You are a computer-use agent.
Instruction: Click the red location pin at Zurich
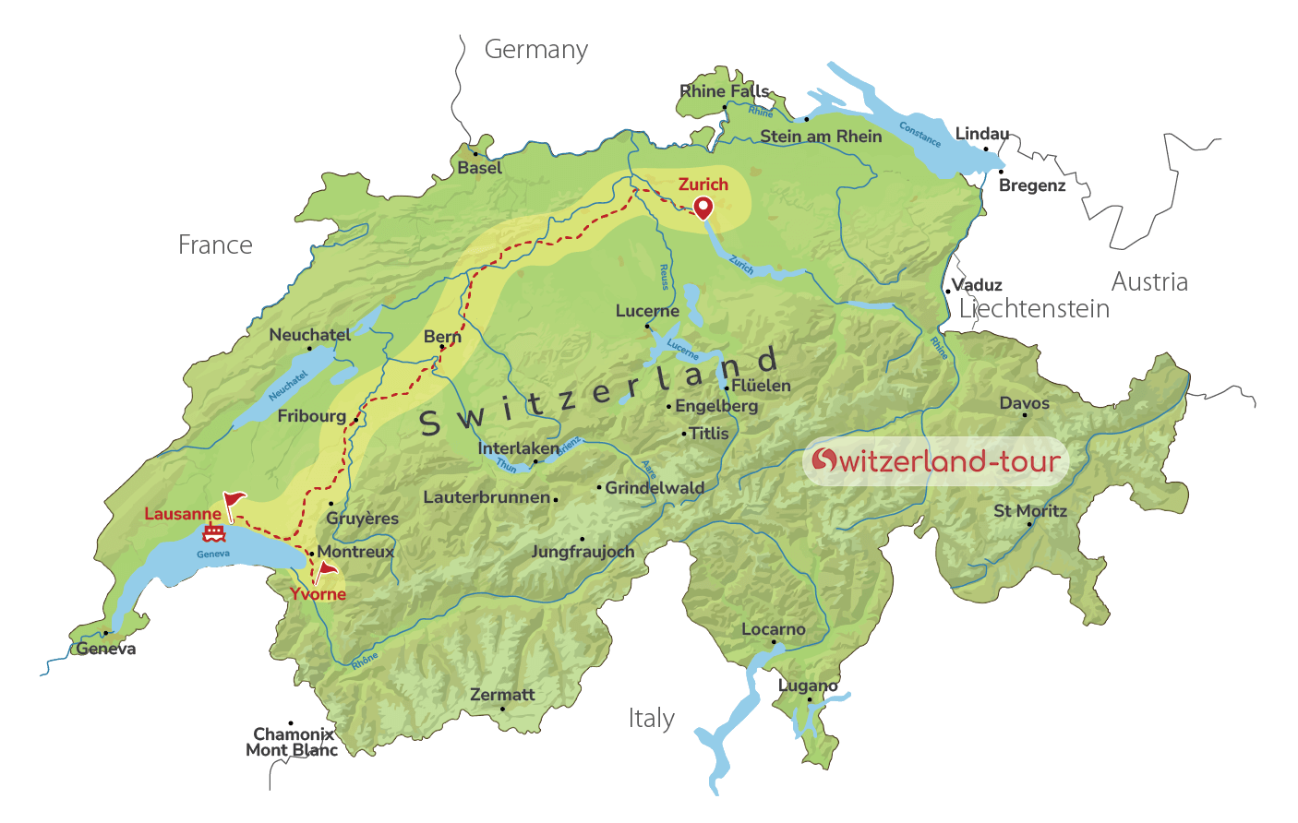point(703,208)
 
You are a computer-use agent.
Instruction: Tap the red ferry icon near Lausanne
point(214,533)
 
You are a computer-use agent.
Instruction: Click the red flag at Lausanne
point(233,504)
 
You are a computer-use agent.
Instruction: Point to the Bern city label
point(442,337)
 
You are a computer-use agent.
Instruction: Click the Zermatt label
point(502,695)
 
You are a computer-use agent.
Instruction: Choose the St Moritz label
point(1030,511)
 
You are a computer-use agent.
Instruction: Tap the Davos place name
point(1025,403)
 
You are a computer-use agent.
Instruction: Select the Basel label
point(480,168)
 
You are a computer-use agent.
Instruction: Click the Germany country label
point(536,50)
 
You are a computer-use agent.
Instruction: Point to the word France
point(215,245)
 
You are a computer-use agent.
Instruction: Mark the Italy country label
point(652,719)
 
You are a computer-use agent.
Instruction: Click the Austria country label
point(1149,282)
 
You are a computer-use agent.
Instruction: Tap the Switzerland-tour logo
point(936,460)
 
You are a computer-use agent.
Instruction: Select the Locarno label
point(774,629)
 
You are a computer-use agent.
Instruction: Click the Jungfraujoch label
point(583,552)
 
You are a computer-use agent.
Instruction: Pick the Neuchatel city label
point(310,335)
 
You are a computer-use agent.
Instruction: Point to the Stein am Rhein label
point(821,137)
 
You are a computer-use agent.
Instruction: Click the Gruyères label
point(363,519)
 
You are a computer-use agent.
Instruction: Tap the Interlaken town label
point(518,448)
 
